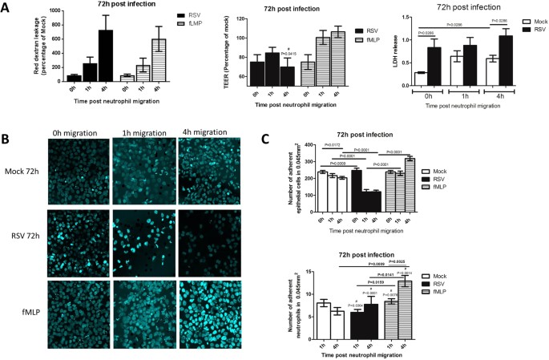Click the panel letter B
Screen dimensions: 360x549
point(6,137)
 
